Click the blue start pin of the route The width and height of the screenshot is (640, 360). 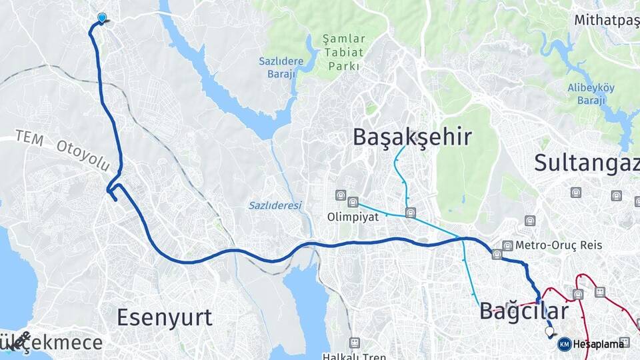tap(102, 18)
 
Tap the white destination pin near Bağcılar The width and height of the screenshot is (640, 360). tap(549, 331)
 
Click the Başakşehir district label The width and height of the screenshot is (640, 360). tap(412, 137)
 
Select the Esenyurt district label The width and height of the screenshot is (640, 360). tap(164, 317)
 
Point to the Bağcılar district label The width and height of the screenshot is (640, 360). tap(524, 311)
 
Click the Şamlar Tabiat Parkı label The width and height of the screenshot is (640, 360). tap(343, 53)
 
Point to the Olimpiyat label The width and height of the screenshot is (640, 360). tap(353, 217)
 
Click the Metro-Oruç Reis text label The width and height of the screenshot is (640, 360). tap(559, 245)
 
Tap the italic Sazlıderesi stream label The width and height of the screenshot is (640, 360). tap(275, 205)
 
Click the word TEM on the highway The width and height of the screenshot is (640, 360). tap(29, 138)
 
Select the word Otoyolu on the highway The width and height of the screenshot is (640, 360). tap(83, 155)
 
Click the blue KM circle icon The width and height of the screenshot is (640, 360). tap(564, 344)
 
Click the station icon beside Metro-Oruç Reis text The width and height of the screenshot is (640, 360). tap(508, 245)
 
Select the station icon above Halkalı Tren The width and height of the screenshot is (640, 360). tap(354, 343)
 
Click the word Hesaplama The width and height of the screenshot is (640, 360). tap(599, 344)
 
